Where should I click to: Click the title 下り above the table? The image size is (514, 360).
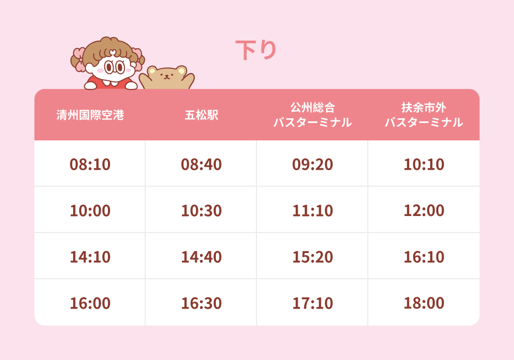[256, 50]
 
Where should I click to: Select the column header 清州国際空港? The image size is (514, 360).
[90, 115]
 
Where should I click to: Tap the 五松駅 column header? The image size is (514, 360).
[201, 115]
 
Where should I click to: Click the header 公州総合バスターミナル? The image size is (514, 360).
[313, 115]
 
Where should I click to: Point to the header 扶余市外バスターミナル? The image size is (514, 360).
[424, 115]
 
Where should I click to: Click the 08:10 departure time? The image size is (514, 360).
[90, 164]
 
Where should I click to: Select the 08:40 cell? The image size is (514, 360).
[201, 164]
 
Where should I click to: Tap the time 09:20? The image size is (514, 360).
[313, 164]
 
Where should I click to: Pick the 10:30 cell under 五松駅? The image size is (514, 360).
[201, 210]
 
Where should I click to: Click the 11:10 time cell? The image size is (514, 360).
[313, 210]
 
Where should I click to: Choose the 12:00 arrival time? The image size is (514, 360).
[424, 210]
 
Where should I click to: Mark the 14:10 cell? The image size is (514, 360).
[90, 257]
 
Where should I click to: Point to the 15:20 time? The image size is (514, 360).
[313, 257]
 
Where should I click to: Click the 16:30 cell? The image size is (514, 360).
[201, 303]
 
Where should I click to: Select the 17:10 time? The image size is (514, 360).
[313, 303]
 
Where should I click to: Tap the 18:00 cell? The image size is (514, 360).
[424, 303]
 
